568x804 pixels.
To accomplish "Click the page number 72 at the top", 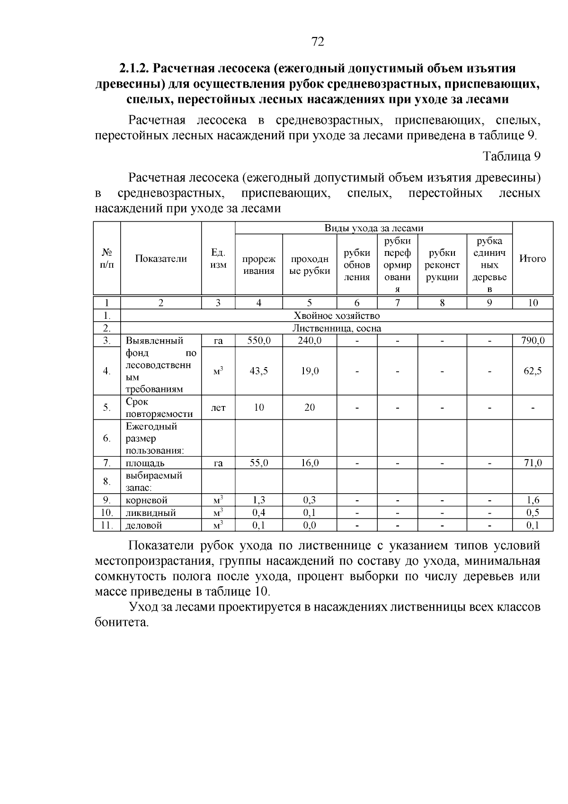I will [x=318, y=42].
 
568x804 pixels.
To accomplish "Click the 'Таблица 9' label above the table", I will [x=511, y=156].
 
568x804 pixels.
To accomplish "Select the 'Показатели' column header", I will [x=161, y=259].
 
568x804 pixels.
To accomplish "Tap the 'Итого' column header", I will [x=532, y=259].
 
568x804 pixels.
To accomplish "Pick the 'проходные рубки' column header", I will [x=310, y=265].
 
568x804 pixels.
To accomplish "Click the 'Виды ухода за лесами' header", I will [x=373, y=228].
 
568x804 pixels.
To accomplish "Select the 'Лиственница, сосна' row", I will [x=337, y=328].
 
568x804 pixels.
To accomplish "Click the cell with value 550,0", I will [x=259, y=341].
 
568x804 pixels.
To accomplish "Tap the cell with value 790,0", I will [x=533, y=341].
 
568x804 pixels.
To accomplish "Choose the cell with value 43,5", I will [x=259, y=371].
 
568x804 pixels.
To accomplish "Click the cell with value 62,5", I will [x=533, y=371].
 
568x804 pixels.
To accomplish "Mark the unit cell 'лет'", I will [x=218, y=407].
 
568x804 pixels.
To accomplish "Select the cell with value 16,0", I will [x=310, y=463].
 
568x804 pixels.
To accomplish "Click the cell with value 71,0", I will [x=533, y=463].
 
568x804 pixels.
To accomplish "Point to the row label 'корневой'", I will [x=147, y=500].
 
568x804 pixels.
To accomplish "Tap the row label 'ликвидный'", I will [x=151, y=513].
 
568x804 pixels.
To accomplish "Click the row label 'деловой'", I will [x=144, y=525].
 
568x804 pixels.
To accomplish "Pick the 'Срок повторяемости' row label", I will [x=159, y=408].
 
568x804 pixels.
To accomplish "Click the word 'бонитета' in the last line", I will [x=121, y=623].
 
